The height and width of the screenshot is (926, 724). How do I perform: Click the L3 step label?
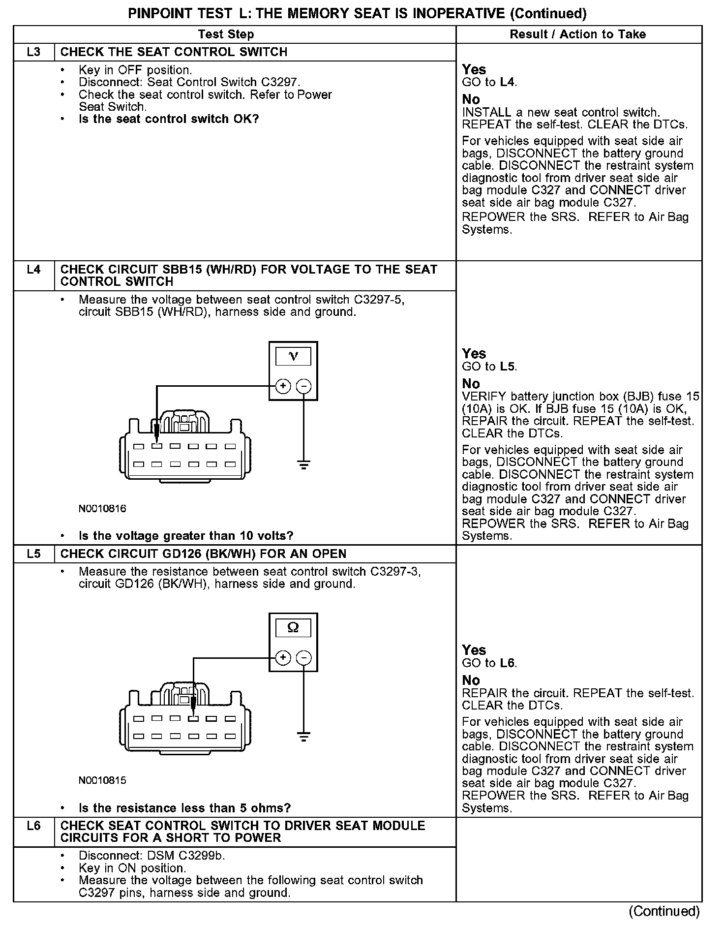[33, 52]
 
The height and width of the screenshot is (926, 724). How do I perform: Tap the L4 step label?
[33, 270]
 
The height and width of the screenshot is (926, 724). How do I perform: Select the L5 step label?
[33, 554]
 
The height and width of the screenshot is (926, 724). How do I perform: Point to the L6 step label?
[33, 826]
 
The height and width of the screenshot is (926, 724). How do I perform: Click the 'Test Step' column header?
[226, 34]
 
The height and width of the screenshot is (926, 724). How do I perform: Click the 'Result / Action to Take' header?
[578, 34]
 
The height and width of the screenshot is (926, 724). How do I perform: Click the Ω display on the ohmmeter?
[293, 628]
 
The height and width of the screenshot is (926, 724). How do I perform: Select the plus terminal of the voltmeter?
[283, 386]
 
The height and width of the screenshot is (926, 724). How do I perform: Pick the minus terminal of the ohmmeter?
[304, 658]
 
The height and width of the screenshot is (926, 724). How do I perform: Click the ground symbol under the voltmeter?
[304, 464]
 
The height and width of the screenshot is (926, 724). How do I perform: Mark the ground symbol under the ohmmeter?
[304, 737]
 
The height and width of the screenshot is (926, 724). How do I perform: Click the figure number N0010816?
[102, 509]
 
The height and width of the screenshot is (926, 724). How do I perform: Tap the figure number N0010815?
[102, 780]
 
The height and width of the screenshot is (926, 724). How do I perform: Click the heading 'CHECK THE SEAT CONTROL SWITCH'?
[174, 52]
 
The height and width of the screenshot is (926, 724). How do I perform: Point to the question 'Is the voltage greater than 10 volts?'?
[186, 535]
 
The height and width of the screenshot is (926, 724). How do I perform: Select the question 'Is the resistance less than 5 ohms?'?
[184, 808]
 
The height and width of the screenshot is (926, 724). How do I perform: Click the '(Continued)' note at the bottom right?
[664, 911]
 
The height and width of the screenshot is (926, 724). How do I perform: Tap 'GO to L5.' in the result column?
[489, 367]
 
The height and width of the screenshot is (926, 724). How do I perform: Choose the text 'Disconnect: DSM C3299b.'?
[152, 856]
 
